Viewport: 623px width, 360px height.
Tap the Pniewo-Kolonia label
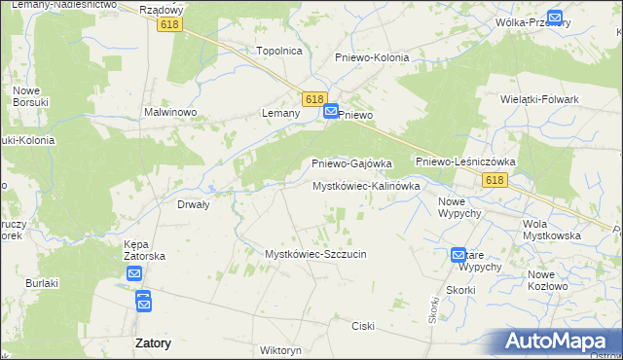pyautogui.click(x=372, y=57)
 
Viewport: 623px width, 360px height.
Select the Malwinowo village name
pyautogui.click(x=171, y=113)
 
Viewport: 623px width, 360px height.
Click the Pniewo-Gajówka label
pyautogui.click(x=351, y=163)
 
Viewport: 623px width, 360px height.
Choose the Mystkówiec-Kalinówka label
pyautogui.click(x=366, y=186)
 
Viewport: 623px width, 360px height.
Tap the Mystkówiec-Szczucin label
pyautogui.click(x=315, y=254)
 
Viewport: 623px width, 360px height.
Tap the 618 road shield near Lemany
pyautogui.click(x=313, y=99)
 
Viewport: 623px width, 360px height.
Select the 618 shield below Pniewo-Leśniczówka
pyautogui.click(x=495, y=180)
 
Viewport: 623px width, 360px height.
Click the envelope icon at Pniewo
pyautogui.click(x=331, y=113)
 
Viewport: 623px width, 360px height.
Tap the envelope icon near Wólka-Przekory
pyautogui.click(x=555, y=17)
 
